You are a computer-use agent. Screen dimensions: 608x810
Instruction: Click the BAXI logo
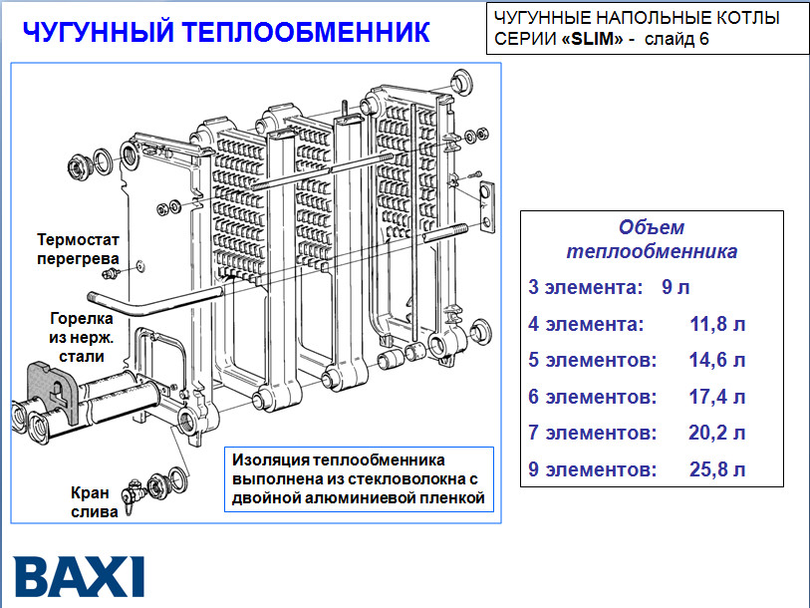pos(80,576)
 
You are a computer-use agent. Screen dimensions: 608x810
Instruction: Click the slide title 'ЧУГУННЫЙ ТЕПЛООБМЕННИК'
pos(227,32)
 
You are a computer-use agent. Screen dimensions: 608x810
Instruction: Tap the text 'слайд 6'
pos(677,41)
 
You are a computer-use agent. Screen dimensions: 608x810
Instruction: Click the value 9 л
pos(675,288)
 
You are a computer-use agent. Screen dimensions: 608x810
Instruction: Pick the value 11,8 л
pos(716,324)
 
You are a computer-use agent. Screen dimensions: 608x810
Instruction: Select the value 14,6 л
pos(716,360)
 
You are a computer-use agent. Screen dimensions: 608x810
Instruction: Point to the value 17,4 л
pos(716,397)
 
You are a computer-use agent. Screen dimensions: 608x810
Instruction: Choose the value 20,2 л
pos(716,433)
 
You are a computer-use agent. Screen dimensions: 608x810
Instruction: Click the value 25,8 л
pos(716,468)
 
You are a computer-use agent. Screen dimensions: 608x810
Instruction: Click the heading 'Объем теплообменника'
pos(652,239)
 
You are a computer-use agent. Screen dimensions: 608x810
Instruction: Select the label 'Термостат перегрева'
pos(79,248)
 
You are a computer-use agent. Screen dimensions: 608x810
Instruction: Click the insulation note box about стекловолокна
pos(358,479)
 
